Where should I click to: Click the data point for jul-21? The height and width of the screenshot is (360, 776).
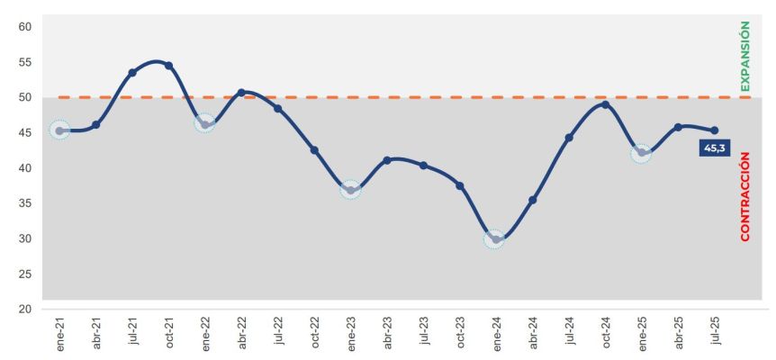132,73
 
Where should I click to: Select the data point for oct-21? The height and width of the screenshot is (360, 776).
168,66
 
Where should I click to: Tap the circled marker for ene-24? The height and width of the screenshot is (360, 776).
495,239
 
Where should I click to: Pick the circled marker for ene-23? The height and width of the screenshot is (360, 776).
350,189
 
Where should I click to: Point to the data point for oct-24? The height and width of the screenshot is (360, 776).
605,104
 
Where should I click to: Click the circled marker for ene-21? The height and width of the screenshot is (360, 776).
59,130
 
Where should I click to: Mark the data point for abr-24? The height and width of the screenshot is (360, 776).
532,200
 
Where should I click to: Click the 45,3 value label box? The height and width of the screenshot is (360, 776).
714,148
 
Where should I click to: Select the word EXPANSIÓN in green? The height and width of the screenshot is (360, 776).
744,57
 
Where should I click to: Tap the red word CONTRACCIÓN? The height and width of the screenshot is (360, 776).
744,196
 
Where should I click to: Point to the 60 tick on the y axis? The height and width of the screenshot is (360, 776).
25,27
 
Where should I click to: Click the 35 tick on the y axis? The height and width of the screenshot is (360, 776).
25,203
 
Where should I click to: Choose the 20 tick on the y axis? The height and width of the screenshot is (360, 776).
25,310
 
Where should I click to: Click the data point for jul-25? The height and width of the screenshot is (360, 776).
715,130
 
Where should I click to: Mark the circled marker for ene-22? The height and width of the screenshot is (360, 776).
204,124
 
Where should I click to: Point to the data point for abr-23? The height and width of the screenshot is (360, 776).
387,160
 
